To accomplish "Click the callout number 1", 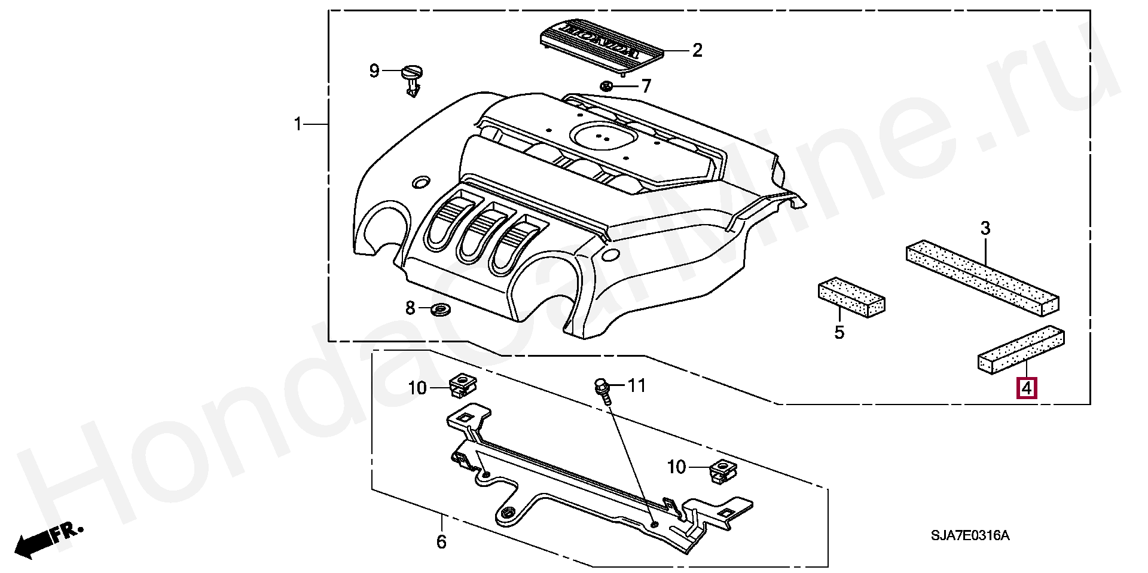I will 298,124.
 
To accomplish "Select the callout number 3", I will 985,228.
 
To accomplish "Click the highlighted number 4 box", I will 1026,388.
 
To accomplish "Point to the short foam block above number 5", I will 851,296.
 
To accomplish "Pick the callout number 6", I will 441,542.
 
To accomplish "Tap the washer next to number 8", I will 441,310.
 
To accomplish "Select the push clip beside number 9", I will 412,80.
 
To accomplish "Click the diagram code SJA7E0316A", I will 969,535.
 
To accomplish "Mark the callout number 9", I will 374,71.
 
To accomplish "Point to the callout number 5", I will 839,332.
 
